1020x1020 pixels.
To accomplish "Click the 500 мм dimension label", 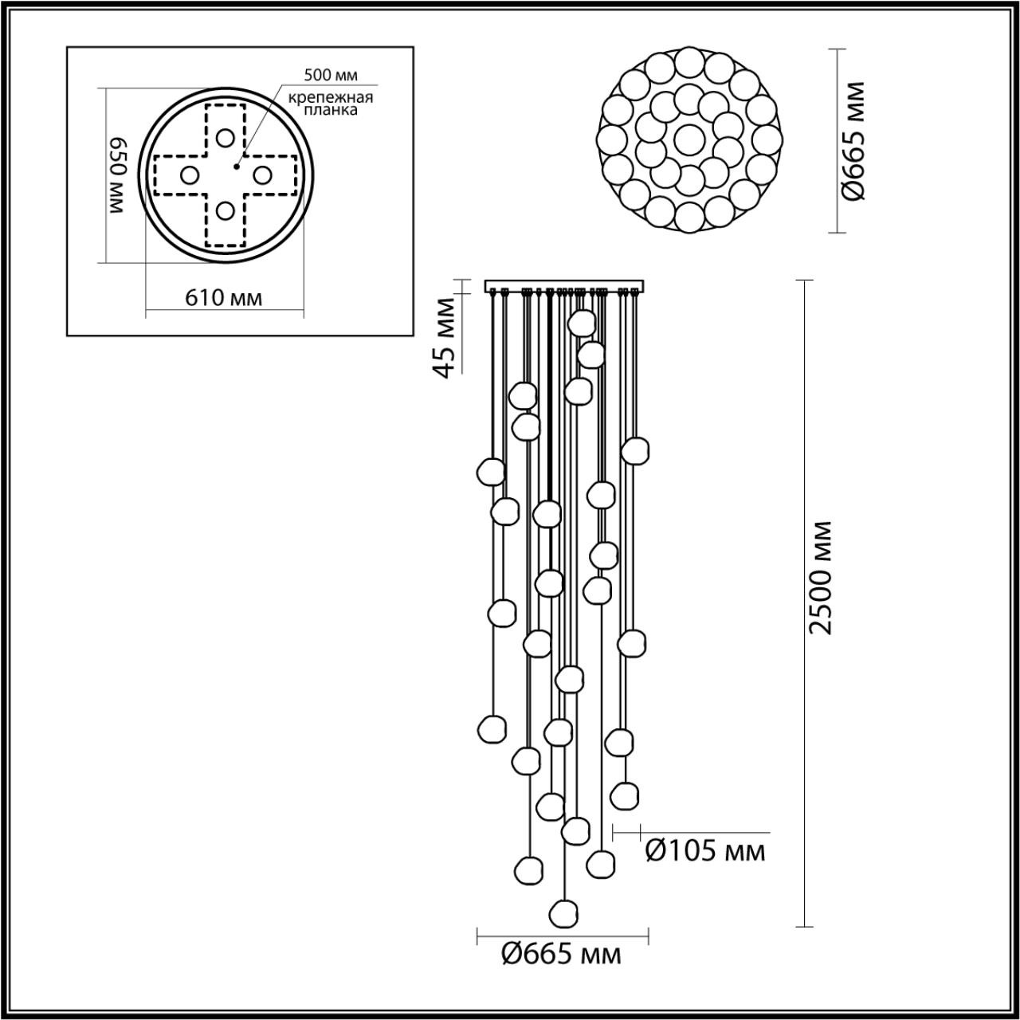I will [331, 76].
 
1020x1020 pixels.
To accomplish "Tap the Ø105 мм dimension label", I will [704, 852].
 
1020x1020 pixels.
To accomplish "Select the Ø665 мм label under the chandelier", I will [561, 954].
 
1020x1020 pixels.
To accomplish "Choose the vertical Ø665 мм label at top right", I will [855, 141].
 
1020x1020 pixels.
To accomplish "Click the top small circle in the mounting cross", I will [226, 136].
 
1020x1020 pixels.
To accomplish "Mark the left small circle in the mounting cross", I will [189, 174].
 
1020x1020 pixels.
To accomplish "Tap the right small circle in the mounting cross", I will [262, 174].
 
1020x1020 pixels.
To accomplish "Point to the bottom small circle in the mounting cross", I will [226, 210].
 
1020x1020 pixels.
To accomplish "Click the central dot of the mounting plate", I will [236, 167].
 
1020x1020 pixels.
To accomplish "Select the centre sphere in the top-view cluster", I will [688, 139].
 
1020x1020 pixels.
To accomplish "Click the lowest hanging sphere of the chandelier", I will [564, 912].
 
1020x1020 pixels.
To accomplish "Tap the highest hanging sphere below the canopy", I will [583, 322].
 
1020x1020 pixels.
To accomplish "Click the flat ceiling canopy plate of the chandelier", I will [564, 285].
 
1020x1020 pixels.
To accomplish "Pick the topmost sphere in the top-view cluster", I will [688, 61].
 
